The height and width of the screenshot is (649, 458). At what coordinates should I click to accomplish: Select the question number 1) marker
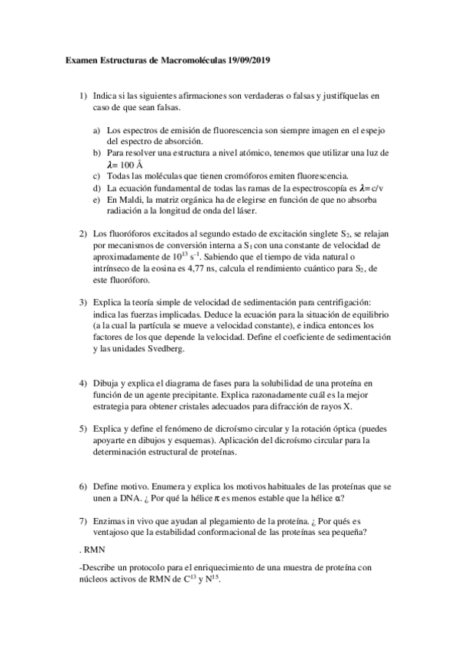83,96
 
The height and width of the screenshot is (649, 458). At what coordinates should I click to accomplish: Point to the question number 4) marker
83,382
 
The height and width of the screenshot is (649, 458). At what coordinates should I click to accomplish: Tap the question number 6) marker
83,486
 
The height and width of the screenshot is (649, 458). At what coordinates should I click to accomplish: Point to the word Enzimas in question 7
111,521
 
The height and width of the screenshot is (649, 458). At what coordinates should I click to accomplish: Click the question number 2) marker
83,233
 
